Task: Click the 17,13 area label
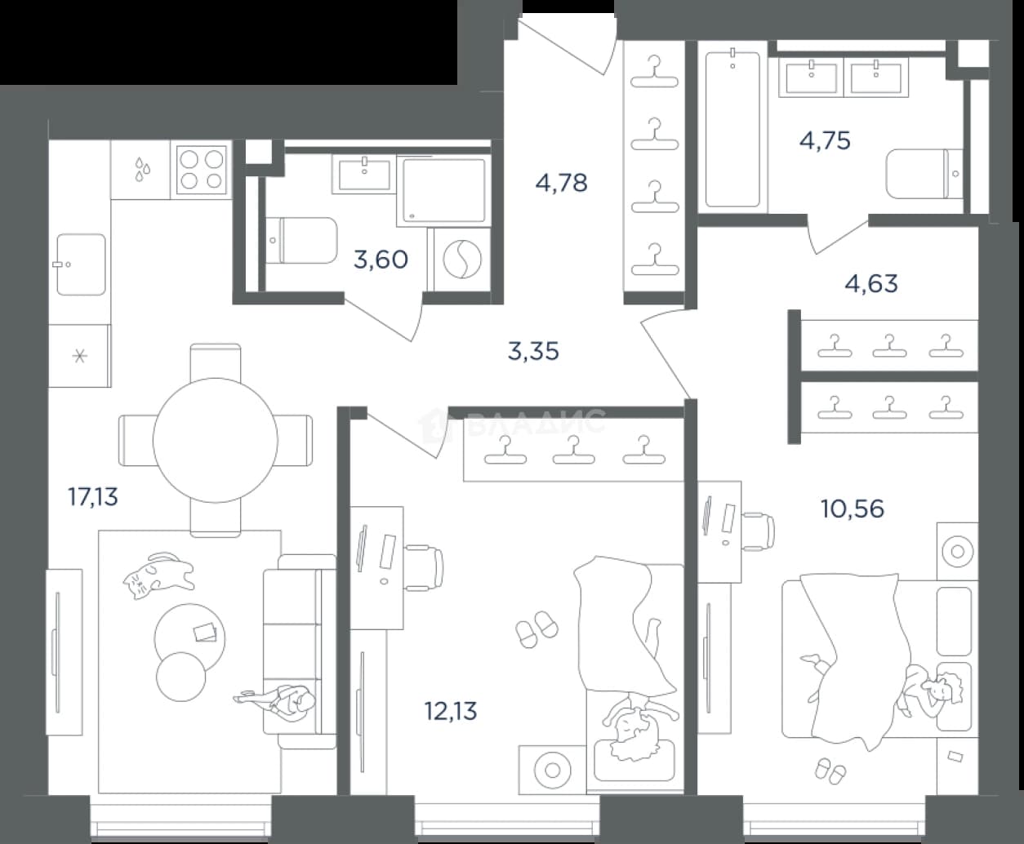pos(93,497)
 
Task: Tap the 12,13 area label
pos(452,711)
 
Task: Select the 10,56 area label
pos(853,509)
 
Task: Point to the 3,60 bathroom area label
pos(381,260)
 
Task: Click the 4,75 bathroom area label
pos(825,141)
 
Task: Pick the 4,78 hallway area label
pos(562,184)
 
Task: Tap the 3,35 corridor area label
pos(533,352)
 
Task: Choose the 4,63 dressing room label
pos(871,284)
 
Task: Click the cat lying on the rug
pos(158,575)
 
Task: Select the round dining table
pos(216,440)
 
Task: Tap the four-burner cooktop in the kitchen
pos(202,170)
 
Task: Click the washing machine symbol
pos(462,259)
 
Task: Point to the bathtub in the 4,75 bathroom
pos(732,128)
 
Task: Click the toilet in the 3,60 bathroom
pos(303,241)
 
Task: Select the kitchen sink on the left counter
pos(81,264)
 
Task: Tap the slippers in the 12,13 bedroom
pos(537,629)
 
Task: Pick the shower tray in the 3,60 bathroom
pos(444,189)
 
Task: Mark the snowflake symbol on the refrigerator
pos(80,355)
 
